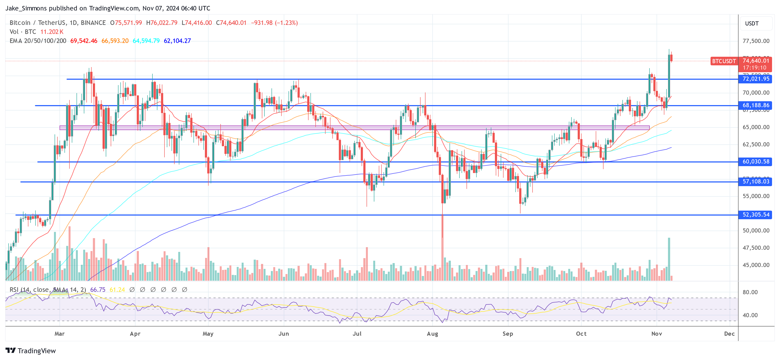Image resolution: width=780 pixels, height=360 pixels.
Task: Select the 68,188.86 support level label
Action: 755,105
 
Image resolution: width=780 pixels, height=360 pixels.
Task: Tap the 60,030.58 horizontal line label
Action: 755,162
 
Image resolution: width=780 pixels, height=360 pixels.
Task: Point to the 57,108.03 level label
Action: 755,182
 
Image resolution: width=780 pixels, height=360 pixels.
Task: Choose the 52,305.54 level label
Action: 755,215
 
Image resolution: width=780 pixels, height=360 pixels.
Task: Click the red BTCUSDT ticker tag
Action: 724,61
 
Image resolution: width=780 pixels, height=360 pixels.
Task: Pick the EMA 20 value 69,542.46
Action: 84,41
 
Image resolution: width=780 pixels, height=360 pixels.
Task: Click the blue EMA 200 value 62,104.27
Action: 177,41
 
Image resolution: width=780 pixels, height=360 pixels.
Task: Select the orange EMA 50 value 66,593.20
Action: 115,41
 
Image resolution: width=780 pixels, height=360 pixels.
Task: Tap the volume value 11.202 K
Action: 52,32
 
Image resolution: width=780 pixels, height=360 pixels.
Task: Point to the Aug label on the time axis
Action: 432,334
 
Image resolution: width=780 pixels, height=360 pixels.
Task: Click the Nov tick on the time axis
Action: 656,334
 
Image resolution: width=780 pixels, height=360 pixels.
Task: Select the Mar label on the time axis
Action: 59,334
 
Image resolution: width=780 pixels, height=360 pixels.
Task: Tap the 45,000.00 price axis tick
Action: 756,265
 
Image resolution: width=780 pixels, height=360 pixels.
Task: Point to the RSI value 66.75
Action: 98,290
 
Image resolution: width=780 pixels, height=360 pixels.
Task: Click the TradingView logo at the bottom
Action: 31,351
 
